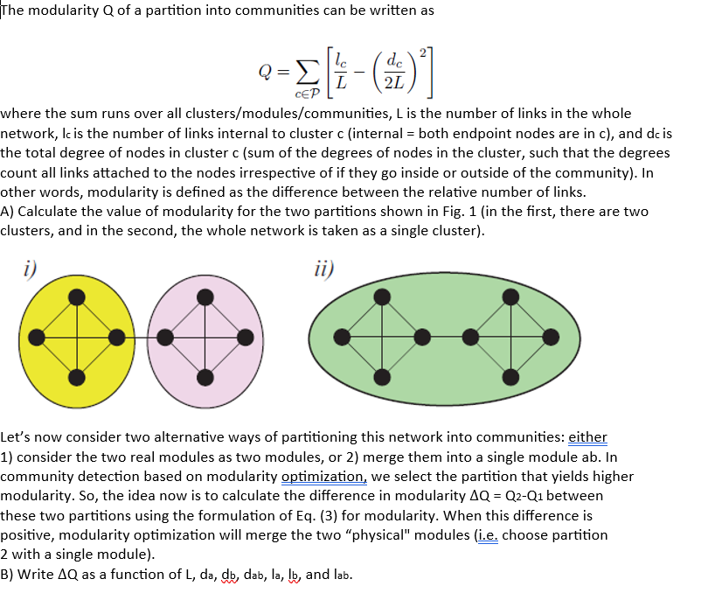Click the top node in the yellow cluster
click(77, 296)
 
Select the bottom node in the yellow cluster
click(77, 377)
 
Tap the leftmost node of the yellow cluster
click(36, 337)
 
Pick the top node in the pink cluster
click(205, 296)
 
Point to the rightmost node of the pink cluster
click(246, 337)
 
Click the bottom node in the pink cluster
click(205, 377)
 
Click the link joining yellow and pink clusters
click(141, 337)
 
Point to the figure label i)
click(30, 266)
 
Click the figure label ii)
click(319, 266)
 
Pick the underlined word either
click(587, 436)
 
